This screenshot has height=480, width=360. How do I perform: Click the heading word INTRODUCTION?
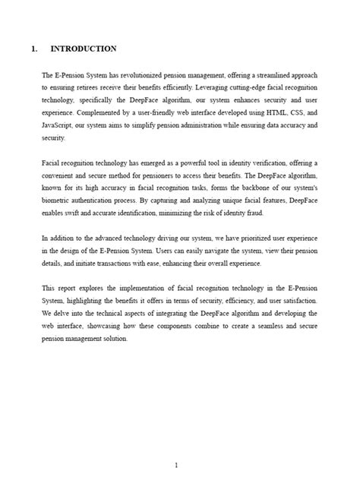click(83, 49)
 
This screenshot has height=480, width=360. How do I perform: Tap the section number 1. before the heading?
click(34, 49)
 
